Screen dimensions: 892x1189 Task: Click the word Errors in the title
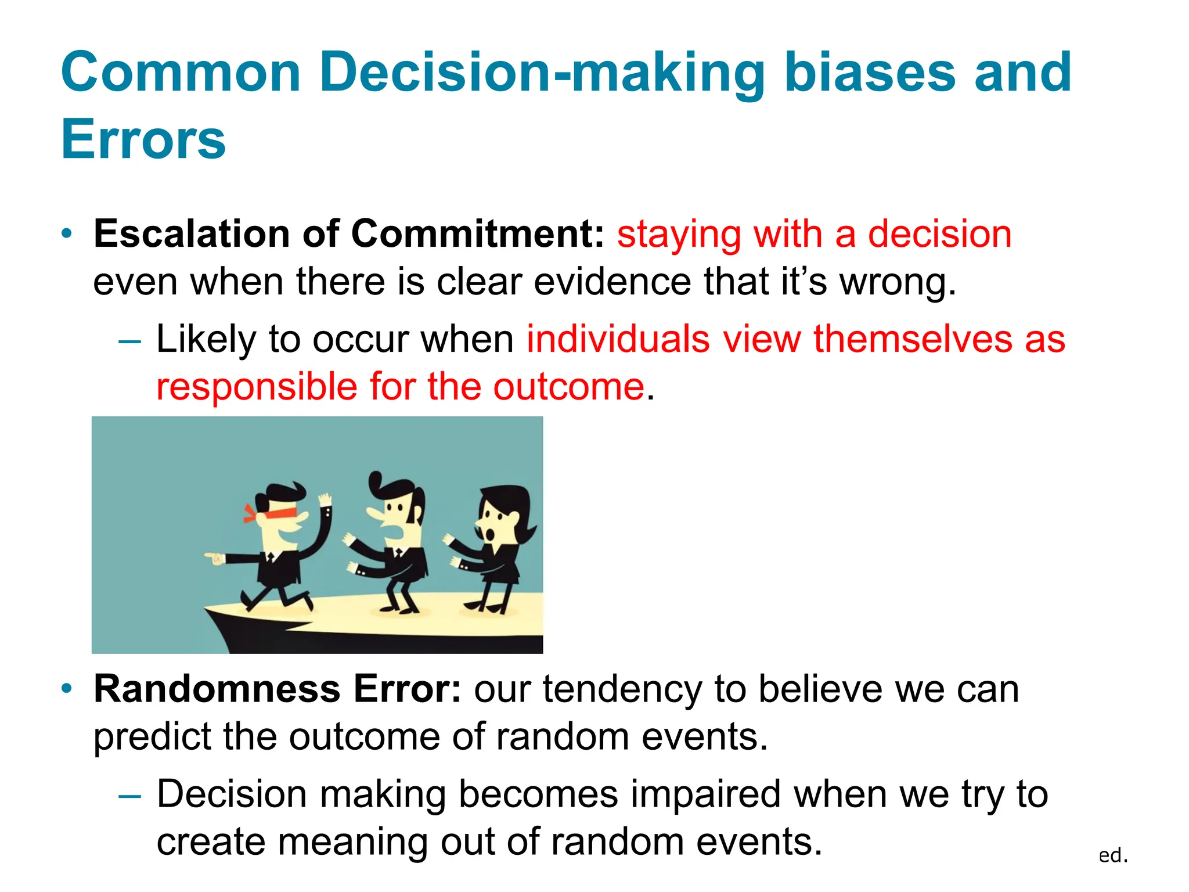(x=143, y=139)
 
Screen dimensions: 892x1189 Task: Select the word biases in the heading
(x=870, y=72)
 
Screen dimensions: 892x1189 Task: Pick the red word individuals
(x=618, y=339)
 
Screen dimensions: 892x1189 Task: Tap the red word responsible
(x=257, y=387)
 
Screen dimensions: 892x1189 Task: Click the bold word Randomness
(x=217, y=689)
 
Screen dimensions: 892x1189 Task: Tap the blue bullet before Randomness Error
(x=68, y=689)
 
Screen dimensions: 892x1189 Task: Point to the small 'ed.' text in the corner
(x=1113, y=855)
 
